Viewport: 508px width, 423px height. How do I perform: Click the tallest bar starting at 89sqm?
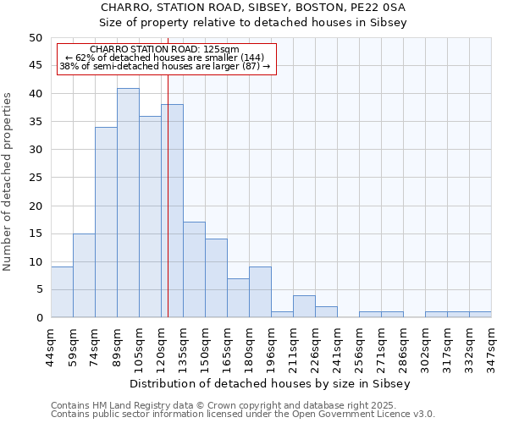pyautogui.click(x=128, y=203)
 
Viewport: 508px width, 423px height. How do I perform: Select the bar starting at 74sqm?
pyautogui.click(x=106, y=222)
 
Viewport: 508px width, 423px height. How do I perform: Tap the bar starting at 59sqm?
pyautogui.click(x=84, y=275)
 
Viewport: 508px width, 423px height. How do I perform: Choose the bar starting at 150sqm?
pyautogui.click(x=216, y=278)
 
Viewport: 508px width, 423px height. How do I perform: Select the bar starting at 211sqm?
pyautogui.click(x=304, y=306)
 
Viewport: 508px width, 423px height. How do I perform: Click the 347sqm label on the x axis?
pyautogui.click(x=491, y=344)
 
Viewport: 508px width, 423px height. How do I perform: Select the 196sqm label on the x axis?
pyautogui.click(x=271, y=344)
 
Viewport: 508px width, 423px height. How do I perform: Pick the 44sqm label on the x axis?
pyautogui.click(x=51, y=344)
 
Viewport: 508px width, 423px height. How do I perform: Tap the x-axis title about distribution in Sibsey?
pyautogui.click(x=270, y=383)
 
